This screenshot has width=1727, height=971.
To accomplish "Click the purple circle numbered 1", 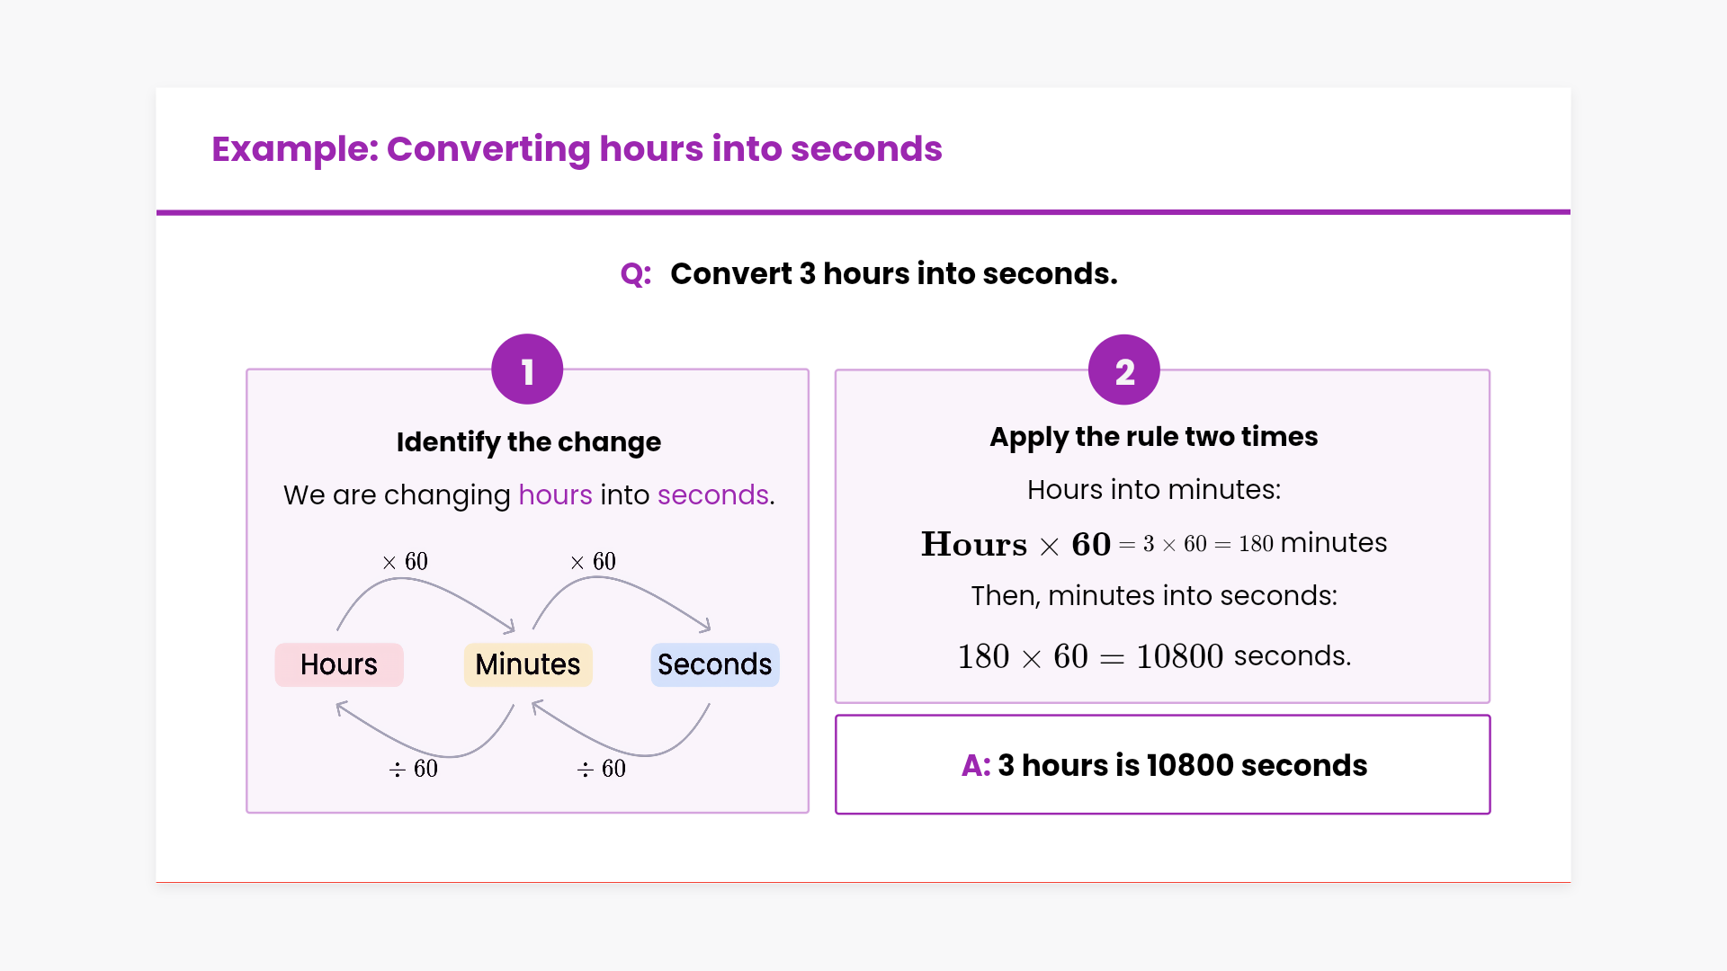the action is point(527,370).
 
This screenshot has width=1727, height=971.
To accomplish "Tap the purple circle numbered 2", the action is point(1124,370).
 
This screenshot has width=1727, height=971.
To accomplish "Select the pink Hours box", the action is point(339,664).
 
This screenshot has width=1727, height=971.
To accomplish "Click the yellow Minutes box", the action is point(528,664).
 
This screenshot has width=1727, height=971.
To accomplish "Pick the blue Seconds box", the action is point(715,664).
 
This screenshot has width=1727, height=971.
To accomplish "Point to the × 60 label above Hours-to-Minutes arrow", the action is point(405,562).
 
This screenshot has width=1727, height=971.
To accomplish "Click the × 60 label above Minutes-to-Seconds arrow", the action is point(593,562).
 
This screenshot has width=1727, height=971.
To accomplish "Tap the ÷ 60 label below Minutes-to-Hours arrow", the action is point(414,769).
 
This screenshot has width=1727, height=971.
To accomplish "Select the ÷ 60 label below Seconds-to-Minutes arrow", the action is point(602,769).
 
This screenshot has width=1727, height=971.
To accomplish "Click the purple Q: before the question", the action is point(636,274).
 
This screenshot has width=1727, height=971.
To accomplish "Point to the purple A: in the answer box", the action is point(976,765).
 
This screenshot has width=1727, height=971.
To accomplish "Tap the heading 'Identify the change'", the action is point(529,442).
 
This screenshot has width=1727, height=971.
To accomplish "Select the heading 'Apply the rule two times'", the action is point(1154,437).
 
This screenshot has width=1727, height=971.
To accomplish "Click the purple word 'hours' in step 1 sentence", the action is point(556,495).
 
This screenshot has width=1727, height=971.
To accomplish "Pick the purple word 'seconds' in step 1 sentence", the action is point(713,495).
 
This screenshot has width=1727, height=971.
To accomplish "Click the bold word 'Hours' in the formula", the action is point(974,545).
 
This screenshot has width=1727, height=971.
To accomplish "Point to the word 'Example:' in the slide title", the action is point(295,149).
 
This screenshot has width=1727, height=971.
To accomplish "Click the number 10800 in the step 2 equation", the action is point(1180,657).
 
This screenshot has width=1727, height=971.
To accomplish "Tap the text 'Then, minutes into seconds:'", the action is point(1154,596).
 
